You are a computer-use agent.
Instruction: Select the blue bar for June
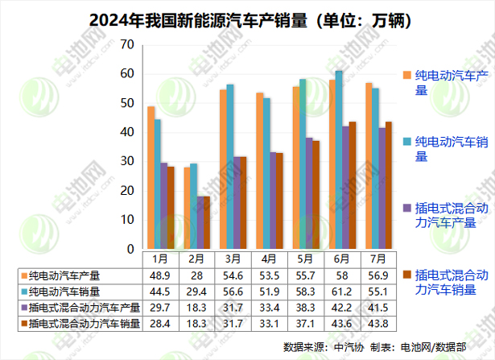[339, 160]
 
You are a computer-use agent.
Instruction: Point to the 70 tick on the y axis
[126, 44]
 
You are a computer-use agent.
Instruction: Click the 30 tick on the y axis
[126, 162]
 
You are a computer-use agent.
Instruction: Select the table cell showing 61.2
[340, 291]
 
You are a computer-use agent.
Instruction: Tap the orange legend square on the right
[407, 75]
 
